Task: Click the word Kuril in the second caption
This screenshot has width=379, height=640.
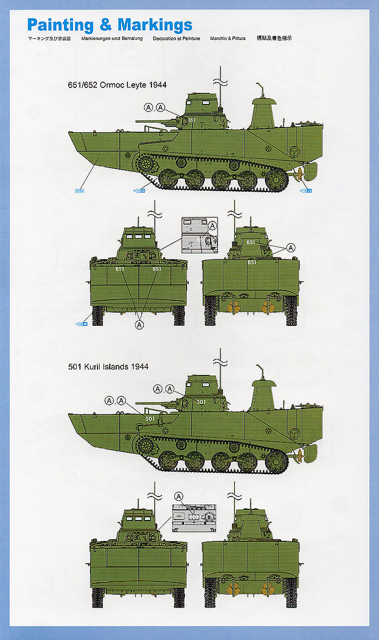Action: pyautogui.click(x=98, y=367)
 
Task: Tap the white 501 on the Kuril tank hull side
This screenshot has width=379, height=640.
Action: pyautogui.click(x=150, y=419)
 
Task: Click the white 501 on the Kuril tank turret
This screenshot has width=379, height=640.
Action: pyautogui.click(x=200, y=402)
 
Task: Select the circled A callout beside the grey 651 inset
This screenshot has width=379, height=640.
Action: pyautogui.click(x=212, y=226)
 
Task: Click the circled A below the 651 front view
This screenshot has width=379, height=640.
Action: pyautogui.click(x=140, y=324)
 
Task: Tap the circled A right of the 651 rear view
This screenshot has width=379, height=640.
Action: pyautogui.click(x=291, y=247)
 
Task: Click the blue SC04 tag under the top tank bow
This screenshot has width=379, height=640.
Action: pyautogui.click(x=80, y=190)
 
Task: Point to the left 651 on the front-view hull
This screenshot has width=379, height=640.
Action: pyautogui.click(x=120, y=269)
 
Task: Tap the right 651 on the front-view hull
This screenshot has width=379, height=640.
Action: pyautogui.click(x=157, y=269)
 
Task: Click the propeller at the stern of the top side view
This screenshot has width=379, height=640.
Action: pyautogui.click(x=300, y=173)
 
